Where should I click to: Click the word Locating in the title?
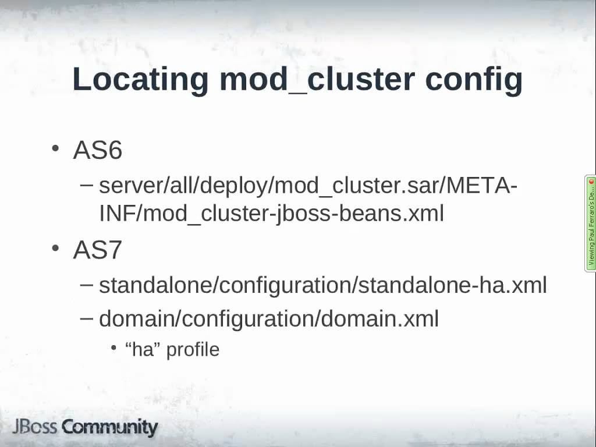[x=140, y=80]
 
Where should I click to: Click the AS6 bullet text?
[x=97, y=151]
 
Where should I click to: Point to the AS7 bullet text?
[x=97, y=250]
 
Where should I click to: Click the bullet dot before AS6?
[x=56, y=148]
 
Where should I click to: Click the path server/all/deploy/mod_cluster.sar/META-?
[x=308, y=186]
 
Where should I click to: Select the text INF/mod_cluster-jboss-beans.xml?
[x=271, y=214]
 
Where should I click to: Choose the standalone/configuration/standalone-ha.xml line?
[x=322, y=285]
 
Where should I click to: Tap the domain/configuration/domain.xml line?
[x=268, y=318]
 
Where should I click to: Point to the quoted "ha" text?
[x=143, y=349]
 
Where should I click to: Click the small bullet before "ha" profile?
[x=113, y=348]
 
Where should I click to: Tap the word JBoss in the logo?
[x=35, y=427]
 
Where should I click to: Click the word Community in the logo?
[x=110, y=427]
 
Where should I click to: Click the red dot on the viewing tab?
[x=591, y=182]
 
